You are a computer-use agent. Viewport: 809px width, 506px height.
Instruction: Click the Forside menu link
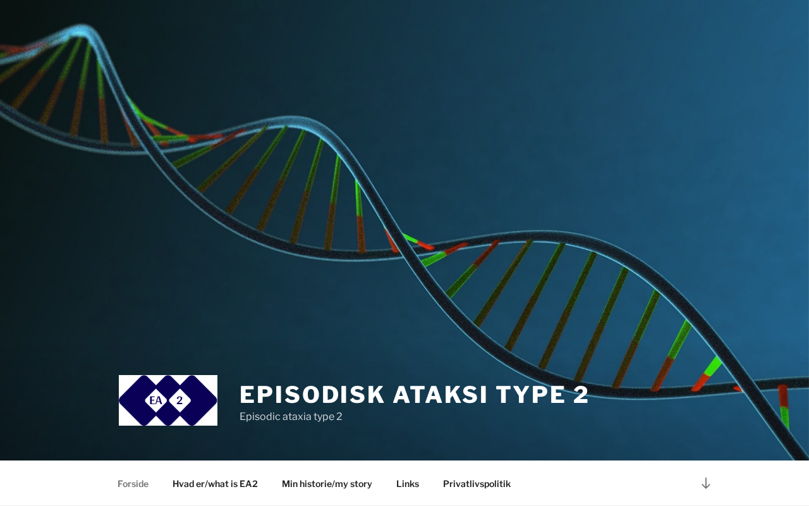[133, 484]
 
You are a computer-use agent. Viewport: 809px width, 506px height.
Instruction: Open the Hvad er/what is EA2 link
[215, 484]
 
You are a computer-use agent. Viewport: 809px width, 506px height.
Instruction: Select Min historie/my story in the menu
[327, 484]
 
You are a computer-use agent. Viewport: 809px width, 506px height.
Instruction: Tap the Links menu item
[408, 484]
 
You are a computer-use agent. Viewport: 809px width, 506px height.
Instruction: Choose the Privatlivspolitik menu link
[477, 484]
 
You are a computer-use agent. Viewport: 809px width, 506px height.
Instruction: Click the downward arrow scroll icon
[706, 483]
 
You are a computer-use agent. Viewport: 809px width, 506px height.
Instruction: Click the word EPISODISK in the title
[312, 394]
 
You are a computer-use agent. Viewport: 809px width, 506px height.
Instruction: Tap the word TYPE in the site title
[530, 394]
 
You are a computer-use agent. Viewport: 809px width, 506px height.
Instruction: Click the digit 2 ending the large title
[581, 394]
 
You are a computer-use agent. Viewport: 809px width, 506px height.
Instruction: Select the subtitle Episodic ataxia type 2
[291, 416]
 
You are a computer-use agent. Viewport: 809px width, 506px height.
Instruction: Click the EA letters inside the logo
[155, 400]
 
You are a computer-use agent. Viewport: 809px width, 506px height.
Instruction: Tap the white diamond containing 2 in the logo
[179, 400]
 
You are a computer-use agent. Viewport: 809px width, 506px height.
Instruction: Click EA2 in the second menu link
[249, 484]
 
